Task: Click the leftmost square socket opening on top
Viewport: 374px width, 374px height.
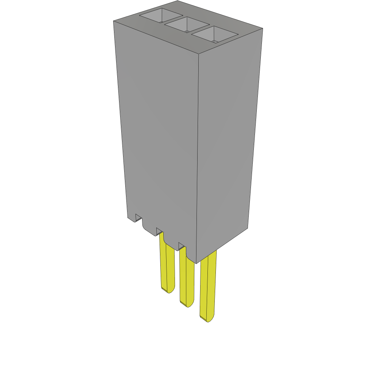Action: tap(161, 16)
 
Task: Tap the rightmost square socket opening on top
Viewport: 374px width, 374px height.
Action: tap(214, 35)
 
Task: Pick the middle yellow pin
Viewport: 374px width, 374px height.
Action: tap(187, 278)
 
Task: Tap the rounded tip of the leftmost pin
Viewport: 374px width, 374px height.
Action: tap(168, 290)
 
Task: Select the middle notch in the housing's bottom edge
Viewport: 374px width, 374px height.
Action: tap(159, 231)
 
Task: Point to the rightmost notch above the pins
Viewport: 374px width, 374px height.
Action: tap(182, 245)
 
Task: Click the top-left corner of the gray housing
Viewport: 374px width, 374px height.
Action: tap(114, 21)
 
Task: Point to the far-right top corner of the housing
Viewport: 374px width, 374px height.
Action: tap(263, 28)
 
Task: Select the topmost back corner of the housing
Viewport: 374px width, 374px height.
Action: tap(178, 1)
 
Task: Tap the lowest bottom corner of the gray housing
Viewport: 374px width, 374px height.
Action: tap(196, 263)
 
